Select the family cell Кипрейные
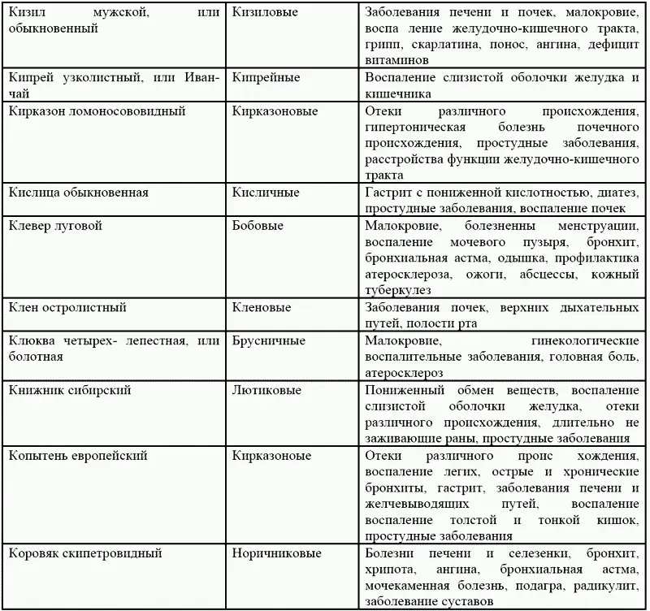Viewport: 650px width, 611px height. [266, 78]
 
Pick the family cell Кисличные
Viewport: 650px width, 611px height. [266, 193]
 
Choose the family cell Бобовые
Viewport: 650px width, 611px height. [258, 226]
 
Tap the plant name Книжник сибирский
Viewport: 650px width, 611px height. [69, 390]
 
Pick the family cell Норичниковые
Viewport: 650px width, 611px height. [276, 553]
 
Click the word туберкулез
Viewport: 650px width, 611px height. [399, 290]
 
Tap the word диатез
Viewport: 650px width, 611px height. [615, 193]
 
